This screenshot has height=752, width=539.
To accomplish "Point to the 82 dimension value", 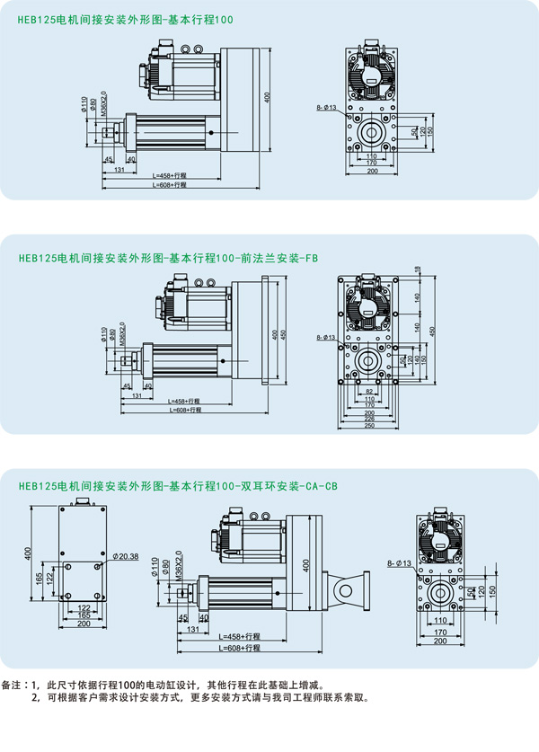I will [x=371, y=392].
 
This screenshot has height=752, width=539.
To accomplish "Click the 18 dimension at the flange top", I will [x=418, y=271].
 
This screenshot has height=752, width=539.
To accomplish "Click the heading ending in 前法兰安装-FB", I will [x=168, y=258].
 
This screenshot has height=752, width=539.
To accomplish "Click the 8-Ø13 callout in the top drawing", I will [x=326, y=107].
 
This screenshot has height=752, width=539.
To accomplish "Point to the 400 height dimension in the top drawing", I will [x=267, y=95].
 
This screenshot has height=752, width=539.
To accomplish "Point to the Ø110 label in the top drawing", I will [x=84, y=107].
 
